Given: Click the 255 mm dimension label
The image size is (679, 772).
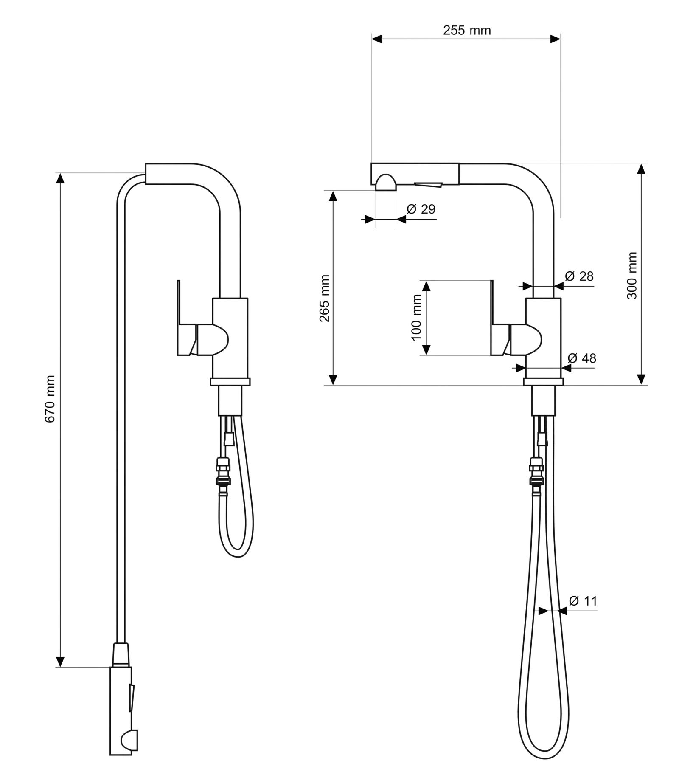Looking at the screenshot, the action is click(467, 31).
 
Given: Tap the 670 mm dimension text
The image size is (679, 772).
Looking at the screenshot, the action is click(50, 399).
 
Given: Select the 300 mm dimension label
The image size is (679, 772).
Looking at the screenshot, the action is click(632, 276).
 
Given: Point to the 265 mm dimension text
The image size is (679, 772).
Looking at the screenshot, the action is click(325, 298).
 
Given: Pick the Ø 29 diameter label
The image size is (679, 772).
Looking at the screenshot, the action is click(421, 209).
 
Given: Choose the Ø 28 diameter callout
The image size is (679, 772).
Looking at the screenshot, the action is click(579, 276).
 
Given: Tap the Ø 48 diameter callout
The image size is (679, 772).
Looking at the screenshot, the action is click(582, 358).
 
